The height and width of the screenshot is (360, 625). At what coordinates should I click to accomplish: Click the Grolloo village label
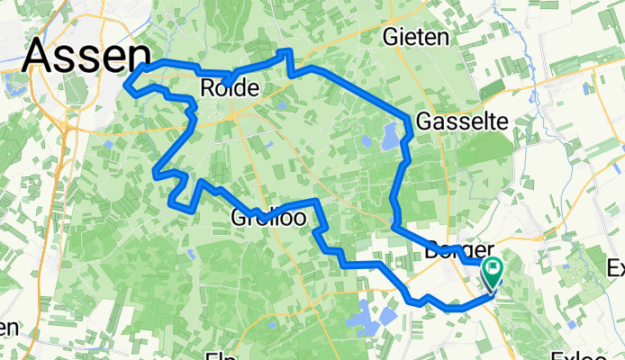pos(267,218)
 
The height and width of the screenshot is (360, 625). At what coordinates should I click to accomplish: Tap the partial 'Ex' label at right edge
pos(616,267)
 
